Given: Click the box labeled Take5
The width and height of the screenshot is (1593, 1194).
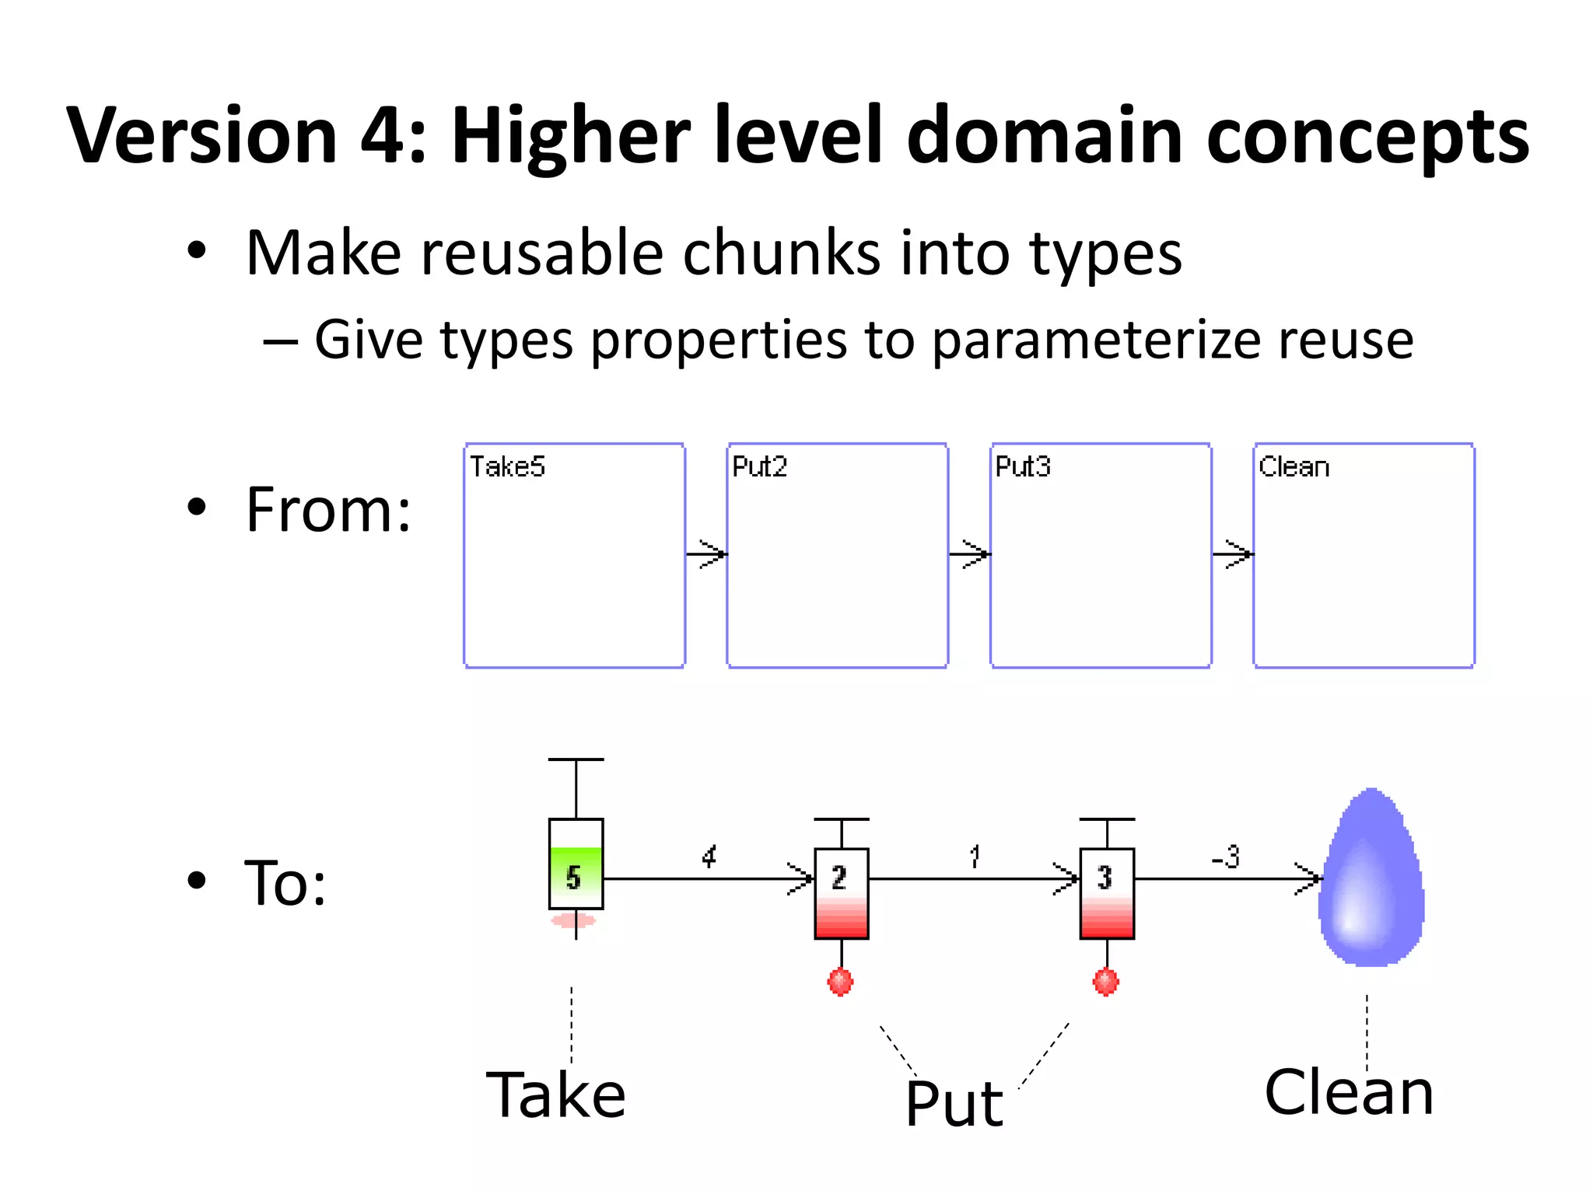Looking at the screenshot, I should [x=574, y=555].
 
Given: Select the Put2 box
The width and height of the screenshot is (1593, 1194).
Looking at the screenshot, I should [x=837, y=555].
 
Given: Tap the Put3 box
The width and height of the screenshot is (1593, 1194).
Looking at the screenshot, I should [x=1100, y=555].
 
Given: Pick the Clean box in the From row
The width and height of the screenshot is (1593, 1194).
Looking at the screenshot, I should [x=1364, y=555].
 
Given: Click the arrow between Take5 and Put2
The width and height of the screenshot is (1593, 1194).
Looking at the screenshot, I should [x=706, y=554].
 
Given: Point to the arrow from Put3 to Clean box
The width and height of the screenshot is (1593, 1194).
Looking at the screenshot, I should [x=1233, y=554].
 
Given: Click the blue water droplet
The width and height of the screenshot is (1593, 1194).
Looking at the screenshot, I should [x=1372, y=878].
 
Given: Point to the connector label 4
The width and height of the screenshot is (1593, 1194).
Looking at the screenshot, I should [x=709, y=857].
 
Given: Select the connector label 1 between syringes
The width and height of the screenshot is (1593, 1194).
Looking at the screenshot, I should [x=975, y=857].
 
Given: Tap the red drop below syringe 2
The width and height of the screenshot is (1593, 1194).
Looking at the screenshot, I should [x=840, y=982].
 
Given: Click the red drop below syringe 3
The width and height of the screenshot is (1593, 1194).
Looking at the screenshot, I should [x=1106, y=982].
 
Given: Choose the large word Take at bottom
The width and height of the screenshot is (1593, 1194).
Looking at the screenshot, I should [x=555, y=1094].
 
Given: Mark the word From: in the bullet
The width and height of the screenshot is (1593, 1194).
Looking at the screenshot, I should [x=328, y=510].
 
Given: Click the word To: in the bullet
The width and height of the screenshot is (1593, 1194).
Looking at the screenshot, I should [x=285, y=883].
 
